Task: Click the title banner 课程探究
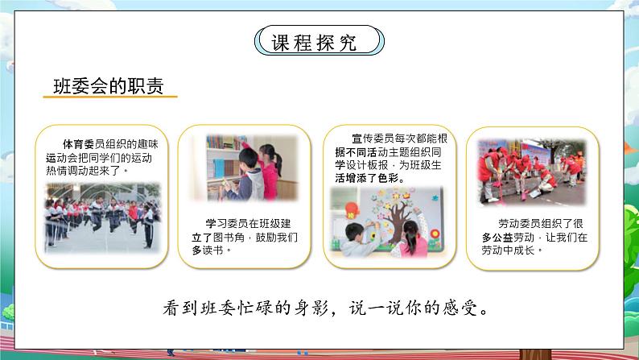tap(319, 42)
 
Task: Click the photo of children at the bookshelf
tap(245, 167)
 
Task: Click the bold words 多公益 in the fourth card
tap(497, 238)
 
